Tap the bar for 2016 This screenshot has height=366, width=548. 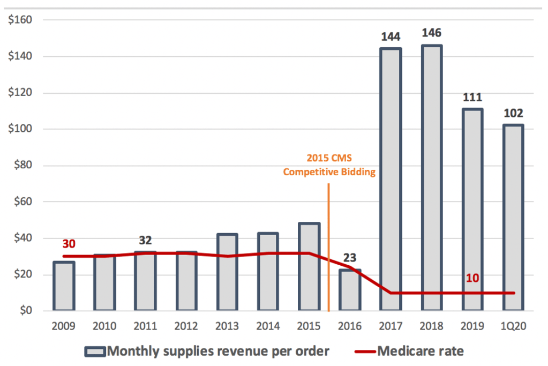349,290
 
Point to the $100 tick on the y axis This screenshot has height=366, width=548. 22,129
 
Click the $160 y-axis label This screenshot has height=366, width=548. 22,20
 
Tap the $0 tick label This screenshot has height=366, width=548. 26,311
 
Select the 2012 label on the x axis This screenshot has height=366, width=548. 186,325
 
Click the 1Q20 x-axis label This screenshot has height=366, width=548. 514,325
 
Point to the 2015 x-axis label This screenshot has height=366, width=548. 309,325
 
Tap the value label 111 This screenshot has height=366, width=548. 473,98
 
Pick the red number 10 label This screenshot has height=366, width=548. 473,279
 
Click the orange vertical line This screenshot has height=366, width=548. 328,247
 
